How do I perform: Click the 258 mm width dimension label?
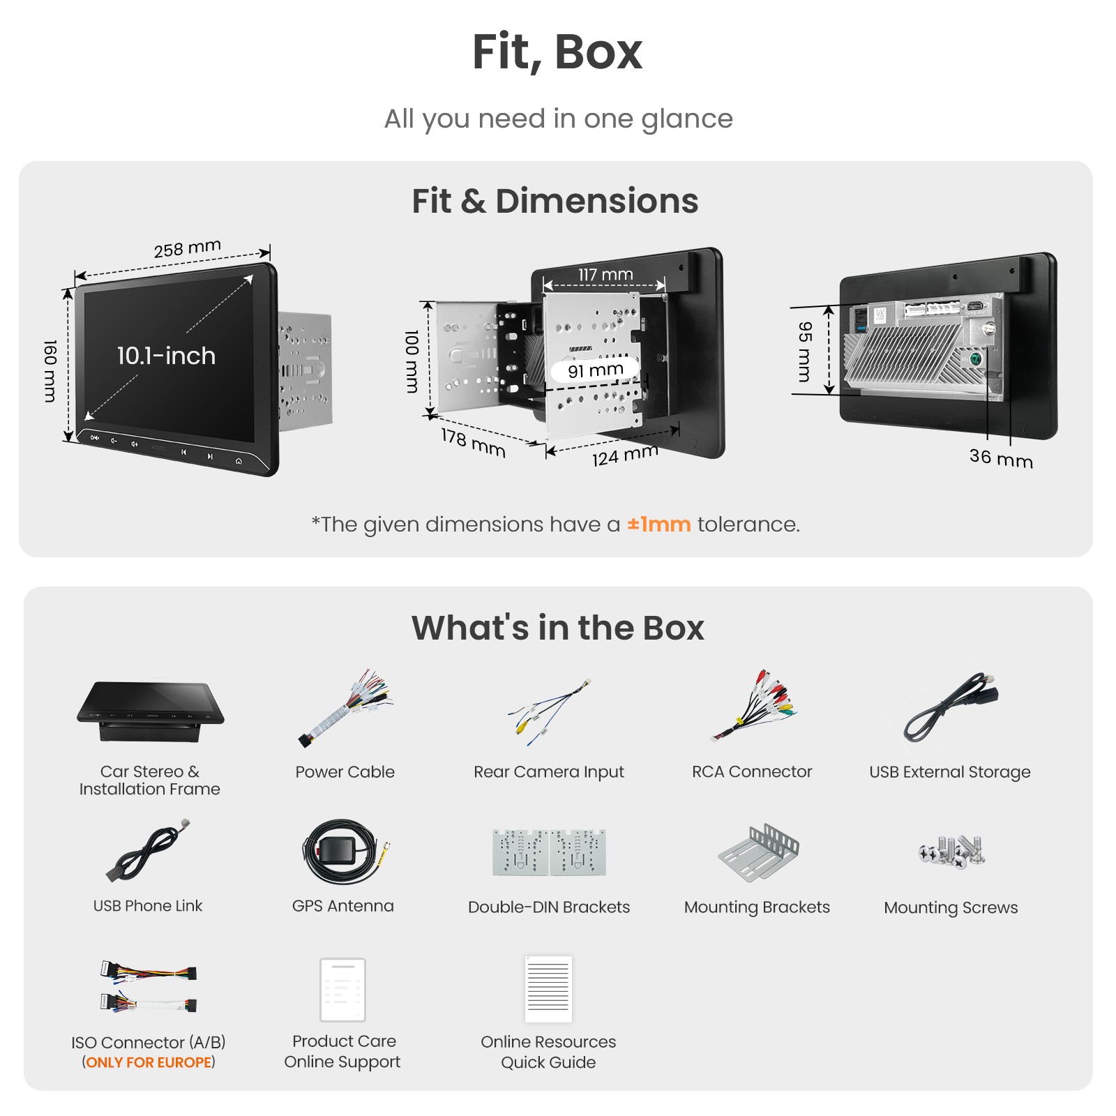pyautogui.click(x=188, y=248)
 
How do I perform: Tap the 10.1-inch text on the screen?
pyautogui.click(x=166, y=356)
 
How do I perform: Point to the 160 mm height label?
pyautogui.click(x=50, y=371)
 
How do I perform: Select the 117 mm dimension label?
pyautogui.click(x=605, y=275)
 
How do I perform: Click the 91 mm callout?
pyautogui.click(x=595, y=370)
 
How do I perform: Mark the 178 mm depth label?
pyautogui.click(x=473, y=443)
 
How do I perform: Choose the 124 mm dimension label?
pyautogui.click(x=625, y=455)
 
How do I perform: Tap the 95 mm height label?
pyautogui.click(x=805, y=352)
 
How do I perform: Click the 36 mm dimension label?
pyautogui.click(x=1001, y=458)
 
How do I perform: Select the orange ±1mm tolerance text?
pyautogui.click(x=658, y=524)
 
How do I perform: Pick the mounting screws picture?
pyautogui.click(x=952, y=852)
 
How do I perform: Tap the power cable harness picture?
pyautogui.click(x=345, y=708)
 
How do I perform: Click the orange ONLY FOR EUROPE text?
pyautogui.click(x=149, y=1062)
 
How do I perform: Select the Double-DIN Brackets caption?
pyautogui.click(x=549, y=907)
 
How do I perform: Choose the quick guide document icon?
pyautogui.click(x=548, y=989)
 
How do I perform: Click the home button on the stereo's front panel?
pyautogui.click(x=239, y=460)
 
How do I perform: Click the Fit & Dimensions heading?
pyautogui.click(x=555, y=201)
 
